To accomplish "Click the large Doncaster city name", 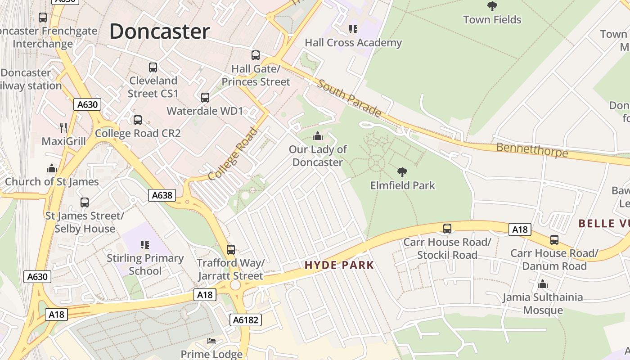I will pyautogui.click(x=159, y=31).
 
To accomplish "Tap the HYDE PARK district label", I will pyautogui.click(x=339, y=265).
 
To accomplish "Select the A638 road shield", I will pyautogui.click(x=162, y=195).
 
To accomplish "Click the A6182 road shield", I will pyautogui.click(x=245, y=320).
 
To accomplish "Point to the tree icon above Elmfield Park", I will pyautogui.click(x=402, y=172).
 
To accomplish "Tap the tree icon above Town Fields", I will pyautogui.click(x=492, y=6).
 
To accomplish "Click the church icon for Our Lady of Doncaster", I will pyautogui.click(x=318, y=136).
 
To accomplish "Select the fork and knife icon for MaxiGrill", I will pyautogui.click(x=63, y=128).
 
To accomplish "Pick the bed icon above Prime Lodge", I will pyautogui.click(x=211, y=341).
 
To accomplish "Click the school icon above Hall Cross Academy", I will pyautogui.click(x=353, y=30).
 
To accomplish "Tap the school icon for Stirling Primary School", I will pyautogui.click(x=145, y=245).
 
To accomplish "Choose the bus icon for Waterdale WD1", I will pyautogui.click(x=205, y=98).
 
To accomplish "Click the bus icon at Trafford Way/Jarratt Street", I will pyautogui.click(x=231, y=249).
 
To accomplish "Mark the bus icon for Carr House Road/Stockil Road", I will pyautogui.click(x=447, y=229).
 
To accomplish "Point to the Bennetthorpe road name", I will pyautogui.click(x=532, y=150).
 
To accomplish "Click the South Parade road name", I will pyautogui.click(x=349, y=98).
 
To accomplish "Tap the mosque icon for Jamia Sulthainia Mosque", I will pyautogui.click(x=543, y=284).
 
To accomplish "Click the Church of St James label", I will pyautogui.click(x=52, y=182).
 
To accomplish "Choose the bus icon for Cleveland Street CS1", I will pyautogui.click(x=153, y=67).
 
